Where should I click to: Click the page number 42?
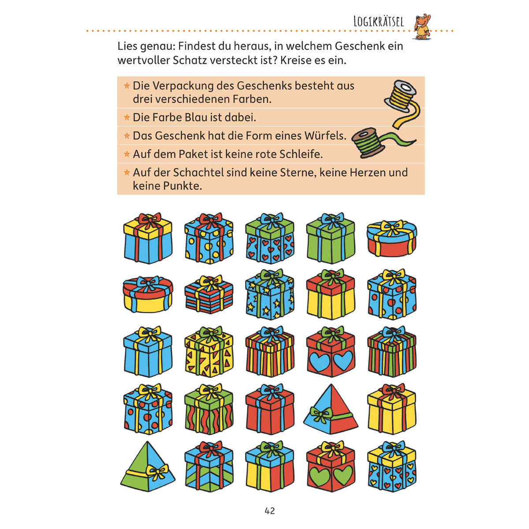(270, 510)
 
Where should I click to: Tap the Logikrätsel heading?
(379, 22)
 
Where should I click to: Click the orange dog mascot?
(422, 26)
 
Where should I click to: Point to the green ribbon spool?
(380, 142)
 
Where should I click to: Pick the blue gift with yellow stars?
(270, 294)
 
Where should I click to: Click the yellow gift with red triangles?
(209, 352)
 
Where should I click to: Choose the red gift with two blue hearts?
(331, 352)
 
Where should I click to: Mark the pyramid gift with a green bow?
(331, 409)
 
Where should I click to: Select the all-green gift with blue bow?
(331, 238)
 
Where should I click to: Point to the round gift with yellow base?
(148, 294)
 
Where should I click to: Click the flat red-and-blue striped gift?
(209, 294)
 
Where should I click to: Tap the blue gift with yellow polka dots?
(209, 238)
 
